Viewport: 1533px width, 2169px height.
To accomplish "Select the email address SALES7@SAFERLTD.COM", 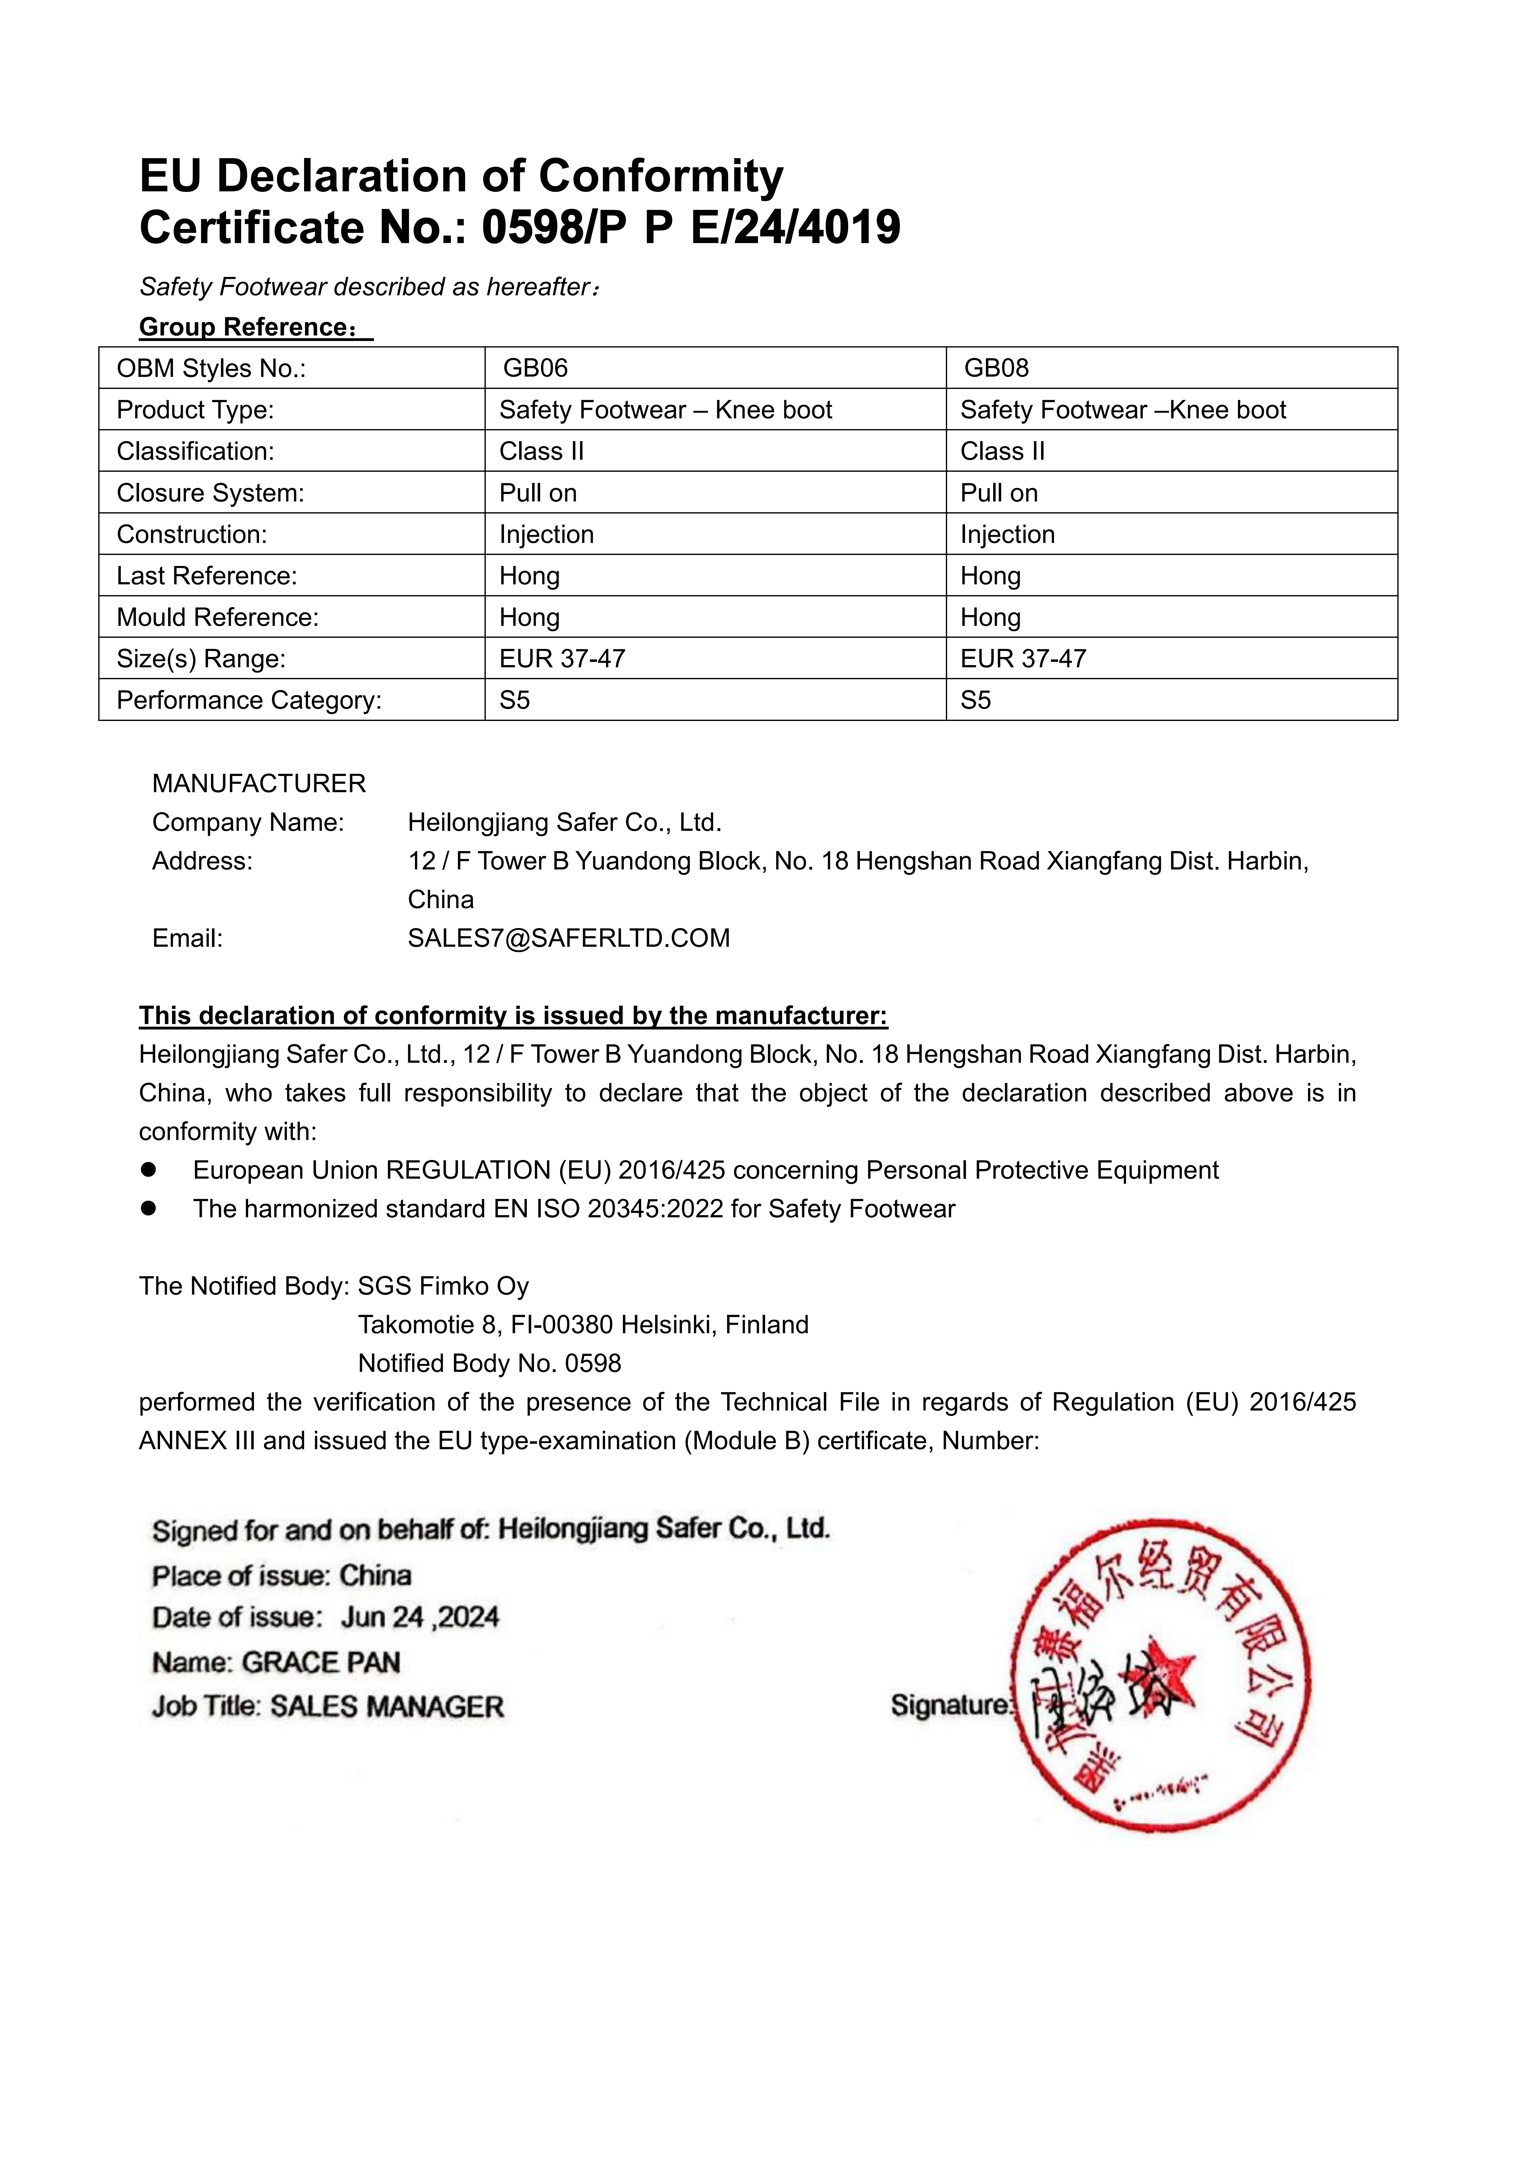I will point(569,938).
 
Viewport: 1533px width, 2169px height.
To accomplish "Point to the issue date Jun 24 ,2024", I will point(419,1617).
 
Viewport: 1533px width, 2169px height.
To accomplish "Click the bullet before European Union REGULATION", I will point(148,1170).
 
